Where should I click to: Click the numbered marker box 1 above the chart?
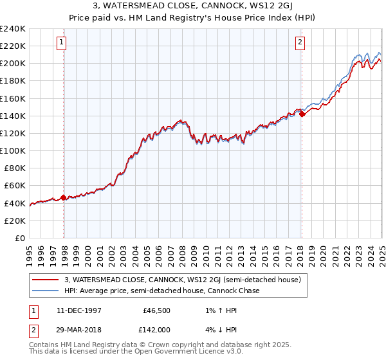point(62,43)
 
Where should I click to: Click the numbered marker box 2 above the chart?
point(300,43)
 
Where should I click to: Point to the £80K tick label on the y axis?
point(15,168)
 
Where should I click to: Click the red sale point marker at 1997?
point(63,197)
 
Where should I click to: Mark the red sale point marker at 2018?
point(302,114)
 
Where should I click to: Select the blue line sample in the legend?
point(46,291)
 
